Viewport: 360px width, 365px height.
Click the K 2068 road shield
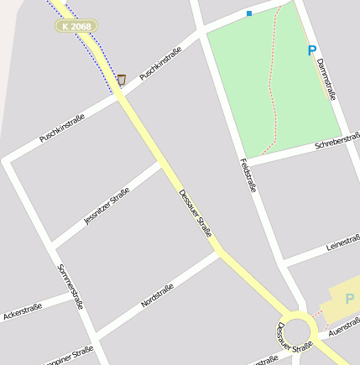tap(76, 26)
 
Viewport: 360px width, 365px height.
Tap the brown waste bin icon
tap(122, 80)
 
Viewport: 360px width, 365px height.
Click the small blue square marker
tap(249, 13)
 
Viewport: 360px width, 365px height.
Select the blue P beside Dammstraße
tap(312, 50)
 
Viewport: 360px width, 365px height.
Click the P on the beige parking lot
tap(349, 298)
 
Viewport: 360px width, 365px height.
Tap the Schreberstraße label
tap(337, 140)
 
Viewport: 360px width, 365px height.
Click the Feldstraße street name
tap(248, 175)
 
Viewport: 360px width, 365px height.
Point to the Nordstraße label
tap(157, 295)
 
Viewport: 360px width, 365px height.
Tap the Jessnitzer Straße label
tap(107, 206)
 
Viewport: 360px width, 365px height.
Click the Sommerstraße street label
tap(70, 287)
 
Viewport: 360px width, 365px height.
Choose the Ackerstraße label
tap(23, 313)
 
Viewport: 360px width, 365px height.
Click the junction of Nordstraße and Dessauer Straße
tap(221, 251)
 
